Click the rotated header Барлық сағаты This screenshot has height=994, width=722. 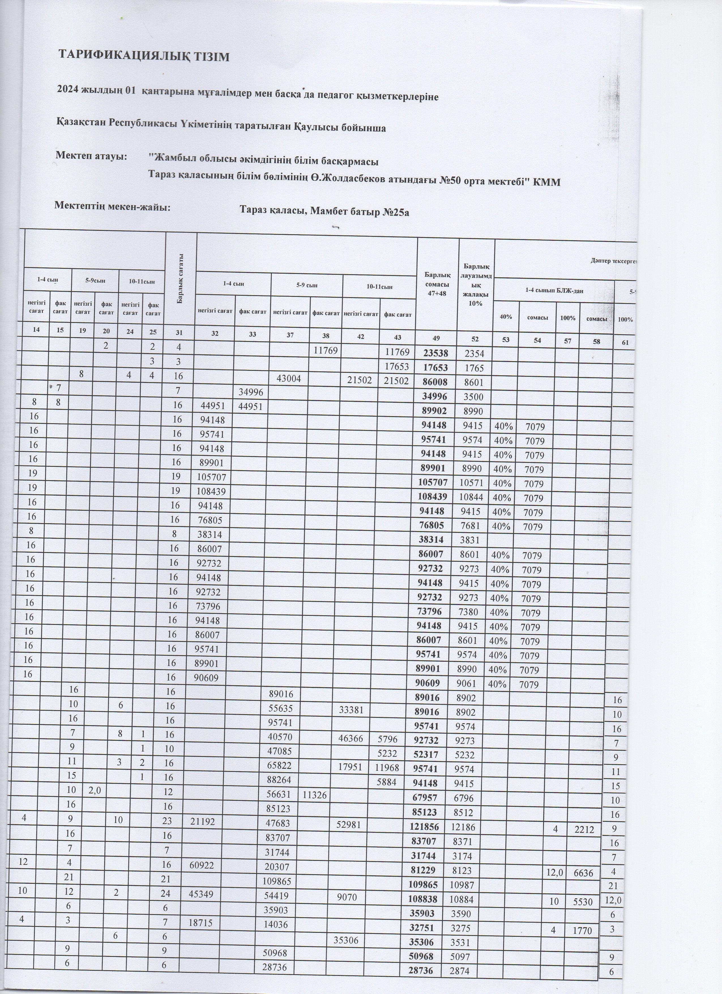coord(180,279)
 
